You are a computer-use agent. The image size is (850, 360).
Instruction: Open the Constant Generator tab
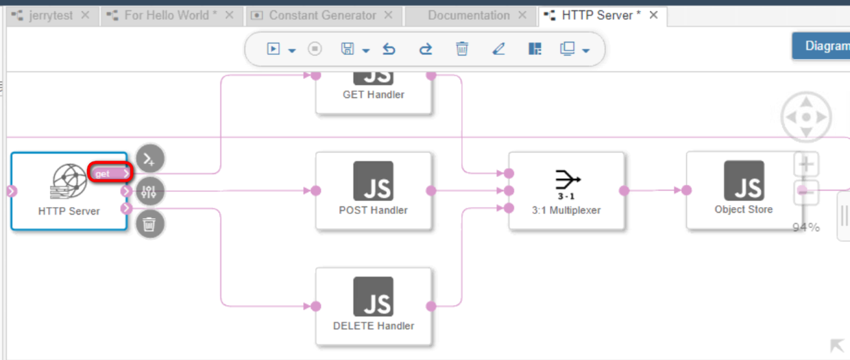coord(322,15)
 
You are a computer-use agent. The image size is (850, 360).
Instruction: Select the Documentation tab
coord(468,15)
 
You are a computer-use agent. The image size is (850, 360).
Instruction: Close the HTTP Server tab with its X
coord(653,15)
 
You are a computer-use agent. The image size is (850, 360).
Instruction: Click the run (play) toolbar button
coord(274,49)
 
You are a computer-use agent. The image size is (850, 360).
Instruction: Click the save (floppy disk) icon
coord(348,49)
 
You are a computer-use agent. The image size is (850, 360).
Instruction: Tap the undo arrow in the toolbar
coord(389,49)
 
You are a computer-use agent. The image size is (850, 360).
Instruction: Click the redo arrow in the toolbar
coord(426,49)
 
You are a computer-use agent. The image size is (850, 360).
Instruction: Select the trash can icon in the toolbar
coord(462,49)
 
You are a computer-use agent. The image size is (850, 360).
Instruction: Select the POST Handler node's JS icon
coord(374,181)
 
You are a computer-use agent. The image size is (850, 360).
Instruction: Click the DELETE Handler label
coord(374,326)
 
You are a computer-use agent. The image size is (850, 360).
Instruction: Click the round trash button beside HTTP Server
coord(149,224)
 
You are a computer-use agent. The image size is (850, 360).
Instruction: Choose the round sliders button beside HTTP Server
coord(149,191)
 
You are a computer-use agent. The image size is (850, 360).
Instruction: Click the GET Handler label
coord(374,95)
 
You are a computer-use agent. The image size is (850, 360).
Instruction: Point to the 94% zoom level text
coord(806,228)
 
